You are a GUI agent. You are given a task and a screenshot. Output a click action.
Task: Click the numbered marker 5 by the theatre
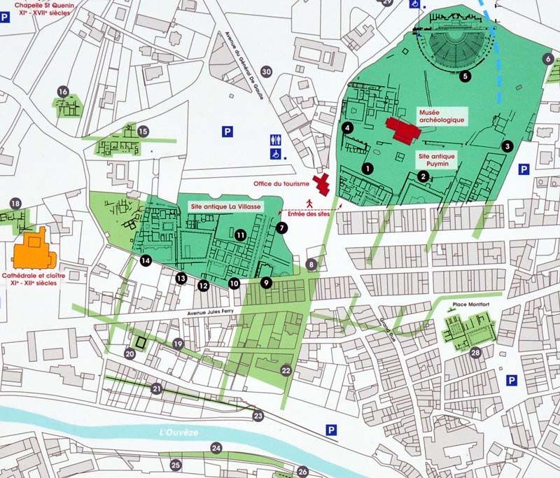465,76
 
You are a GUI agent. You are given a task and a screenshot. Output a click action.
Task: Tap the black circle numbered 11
240,236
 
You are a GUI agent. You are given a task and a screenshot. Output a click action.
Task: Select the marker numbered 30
266,71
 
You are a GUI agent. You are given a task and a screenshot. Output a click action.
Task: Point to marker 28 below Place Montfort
475,353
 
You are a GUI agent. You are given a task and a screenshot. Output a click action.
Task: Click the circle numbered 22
286,370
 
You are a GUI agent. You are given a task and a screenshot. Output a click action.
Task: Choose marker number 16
63,92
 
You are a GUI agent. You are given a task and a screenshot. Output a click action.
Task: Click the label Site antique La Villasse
226,207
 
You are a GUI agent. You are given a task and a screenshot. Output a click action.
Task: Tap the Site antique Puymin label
437,159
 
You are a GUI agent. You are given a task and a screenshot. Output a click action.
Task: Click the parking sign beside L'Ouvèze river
330,430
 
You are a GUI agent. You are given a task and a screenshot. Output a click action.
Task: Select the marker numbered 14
146,261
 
